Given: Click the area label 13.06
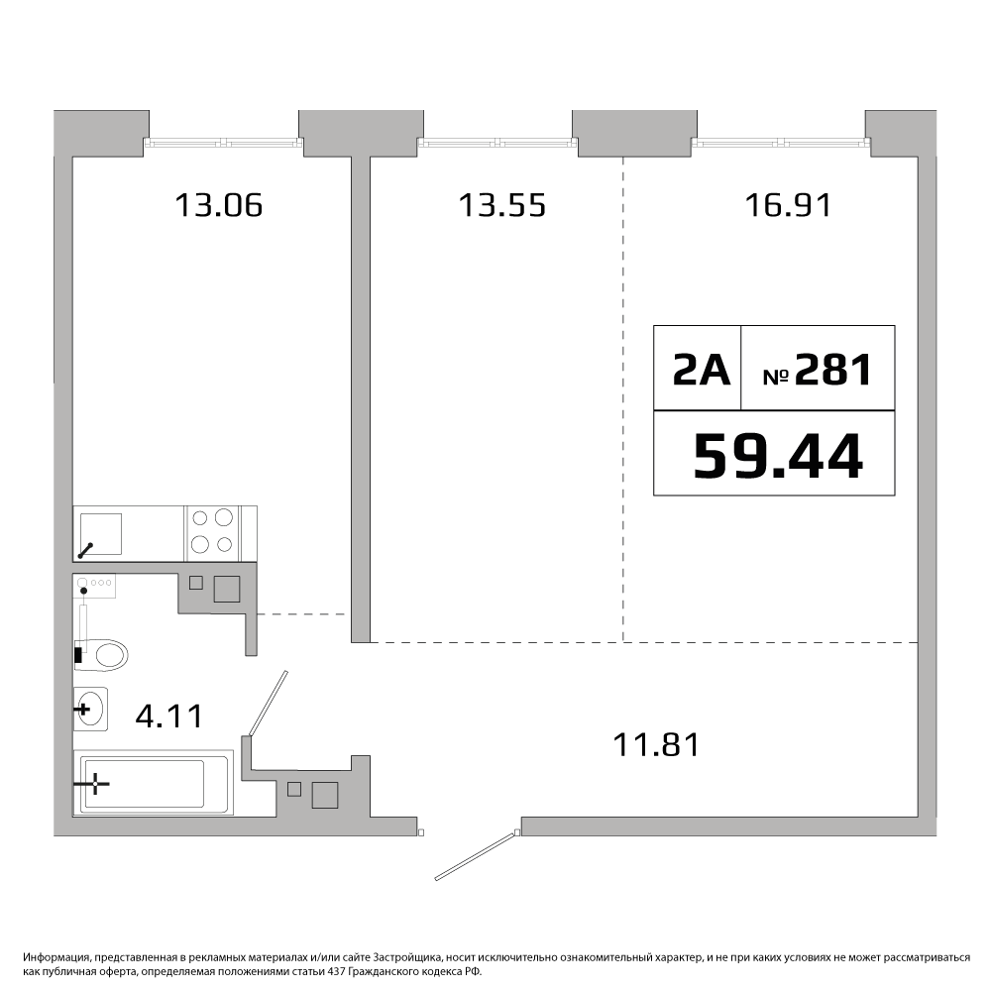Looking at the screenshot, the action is click(218, 205).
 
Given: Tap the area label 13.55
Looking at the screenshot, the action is click(501, 205).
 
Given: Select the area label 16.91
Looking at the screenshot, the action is click(788, 205).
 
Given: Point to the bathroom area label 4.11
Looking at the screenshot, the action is click(169, 716).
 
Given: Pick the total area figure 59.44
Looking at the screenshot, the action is click(777, 456).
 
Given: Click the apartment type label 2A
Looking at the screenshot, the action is click(701, 370).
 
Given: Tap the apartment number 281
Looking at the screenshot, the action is click(833, 370).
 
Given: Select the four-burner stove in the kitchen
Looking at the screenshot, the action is click(212, 533).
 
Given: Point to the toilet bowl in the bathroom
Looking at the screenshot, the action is click(101, 654).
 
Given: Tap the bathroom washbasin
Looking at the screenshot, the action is click(90, 709).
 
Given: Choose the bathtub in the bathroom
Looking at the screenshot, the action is click(153, 783).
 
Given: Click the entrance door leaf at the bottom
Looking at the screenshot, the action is click(478, 855).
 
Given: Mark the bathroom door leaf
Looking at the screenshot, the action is click(269, 704).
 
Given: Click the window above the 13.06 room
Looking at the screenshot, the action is click(224, 143).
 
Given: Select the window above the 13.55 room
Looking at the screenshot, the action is click(497, 143).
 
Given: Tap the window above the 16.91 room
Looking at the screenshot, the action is click(781, 143).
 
